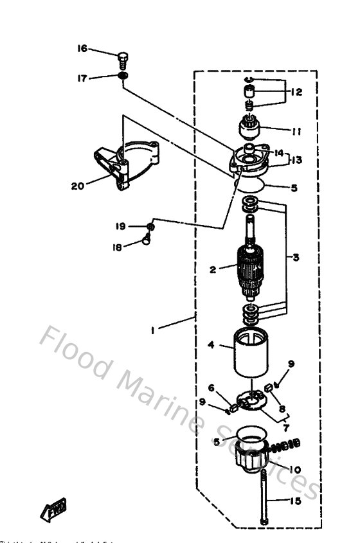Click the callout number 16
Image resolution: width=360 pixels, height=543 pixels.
[82, 49]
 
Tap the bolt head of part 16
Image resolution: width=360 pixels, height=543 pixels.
[124, 56]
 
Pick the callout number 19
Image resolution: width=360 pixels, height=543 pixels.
[120, 226]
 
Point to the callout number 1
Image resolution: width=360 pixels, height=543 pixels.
[152, 332]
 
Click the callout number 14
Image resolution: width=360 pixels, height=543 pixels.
[279, 153]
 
